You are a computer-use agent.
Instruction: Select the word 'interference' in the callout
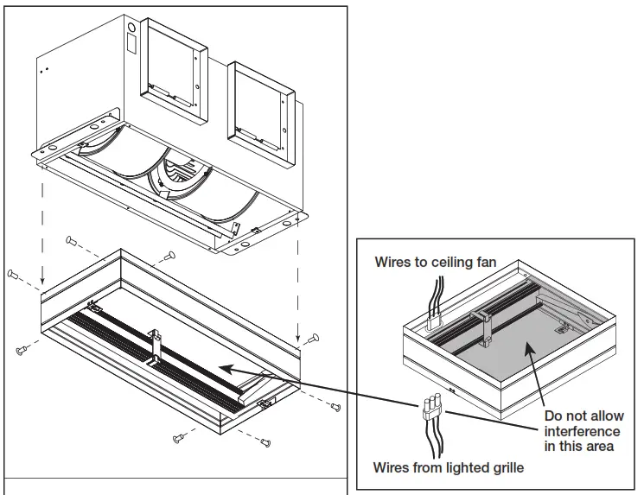582,431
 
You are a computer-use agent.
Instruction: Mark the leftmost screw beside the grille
12,274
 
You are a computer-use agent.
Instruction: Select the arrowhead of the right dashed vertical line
299,338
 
